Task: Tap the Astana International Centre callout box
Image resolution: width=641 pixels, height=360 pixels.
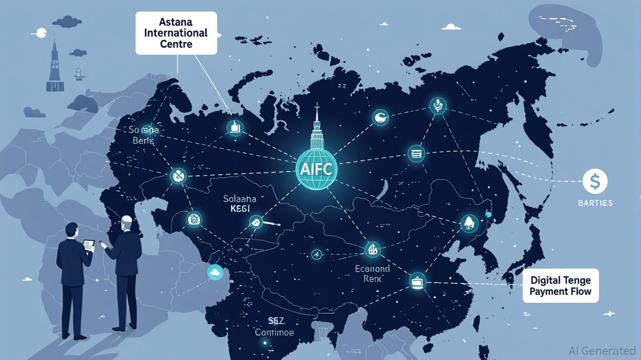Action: [x=176, y=33]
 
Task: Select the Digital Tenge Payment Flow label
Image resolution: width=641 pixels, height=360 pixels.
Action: [x=560, y=285]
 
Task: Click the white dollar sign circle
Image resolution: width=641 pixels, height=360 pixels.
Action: [x=595, y=181]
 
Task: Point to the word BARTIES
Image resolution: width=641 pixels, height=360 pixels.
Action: [x=595, y=203]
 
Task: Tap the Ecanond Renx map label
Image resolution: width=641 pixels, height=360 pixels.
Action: [x=372, y=273]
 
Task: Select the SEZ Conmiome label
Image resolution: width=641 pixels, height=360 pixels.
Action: [x=274, y=326]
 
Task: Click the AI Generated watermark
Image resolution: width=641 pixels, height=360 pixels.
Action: [x=602, y=351]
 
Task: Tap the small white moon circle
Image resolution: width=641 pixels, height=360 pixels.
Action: [x=41, y=33]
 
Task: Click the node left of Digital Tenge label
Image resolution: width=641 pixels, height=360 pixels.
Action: [x=417, y=280]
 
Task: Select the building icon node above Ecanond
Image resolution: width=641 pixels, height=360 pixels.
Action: [x=373, y=249]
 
